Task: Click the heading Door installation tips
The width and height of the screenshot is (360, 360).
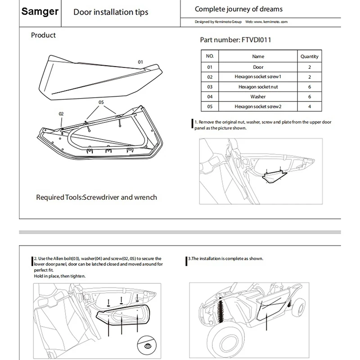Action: pos(111,12)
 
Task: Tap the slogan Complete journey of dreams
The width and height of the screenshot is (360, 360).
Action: pos(238,9)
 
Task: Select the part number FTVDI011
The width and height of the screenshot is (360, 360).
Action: pos(235,40)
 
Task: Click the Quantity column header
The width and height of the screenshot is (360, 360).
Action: pos(309,56)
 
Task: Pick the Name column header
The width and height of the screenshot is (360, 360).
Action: pos(258,56)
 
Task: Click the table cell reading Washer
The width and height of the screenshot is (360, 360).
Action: pos(258,96)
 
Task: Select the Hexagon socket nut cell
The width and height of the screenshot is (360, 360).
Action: pos(258,86)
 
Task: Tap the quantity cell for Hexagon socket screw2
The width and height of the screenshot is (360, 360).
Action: pos(309,106)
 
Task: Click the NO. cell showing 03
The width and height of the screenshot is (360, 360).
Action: pos(209,86)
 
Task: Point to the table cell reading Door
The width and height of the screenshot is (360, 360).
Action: pos(258,67)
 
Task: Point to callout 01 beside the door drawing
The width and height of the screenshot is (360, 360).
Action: pos(140,61)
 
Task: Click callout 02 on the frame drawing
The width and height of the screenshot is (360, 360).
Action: pos(61,114)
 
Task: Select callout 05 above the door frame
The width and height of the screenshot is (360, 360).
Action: pos(101,103)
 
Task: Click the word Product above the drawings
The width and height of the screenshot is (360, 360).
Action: pos(43,35)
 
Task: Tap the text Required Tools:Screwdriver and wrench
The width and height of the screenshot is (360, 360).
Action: pos(96,197)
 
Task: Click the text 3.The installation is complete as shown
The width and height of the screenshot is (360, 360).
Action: pos(225,259)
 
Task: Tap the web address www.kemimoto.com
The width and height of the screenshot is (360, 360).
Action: pos(271,22)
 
